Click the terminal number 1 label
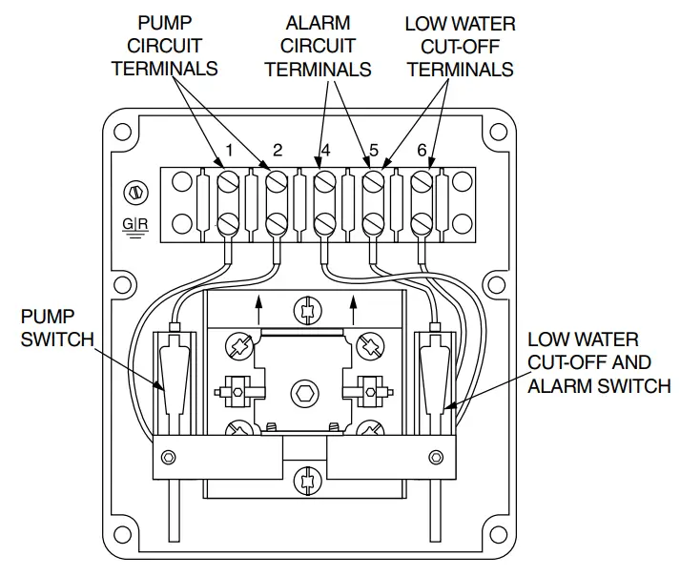(x=229, y=150)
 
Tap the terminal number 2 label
(x=278, y=150)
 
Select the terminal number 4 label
(x=325, y=150)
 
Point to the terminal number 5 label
(x=374, y=150)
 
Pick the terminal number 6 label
(x=422, y=150)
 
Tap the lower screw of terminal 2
(x=277, y=223)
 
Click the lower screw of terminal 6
(x=422, y=223)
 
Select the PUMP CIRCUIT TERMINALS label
(x=164, y=45)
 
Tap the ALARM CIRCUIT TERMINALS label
(x=318, y=46)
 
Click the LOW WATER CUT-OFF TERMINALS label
(x=460, y=46)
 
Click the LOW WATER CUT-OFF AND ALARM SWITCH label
(x=598, y=362)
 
